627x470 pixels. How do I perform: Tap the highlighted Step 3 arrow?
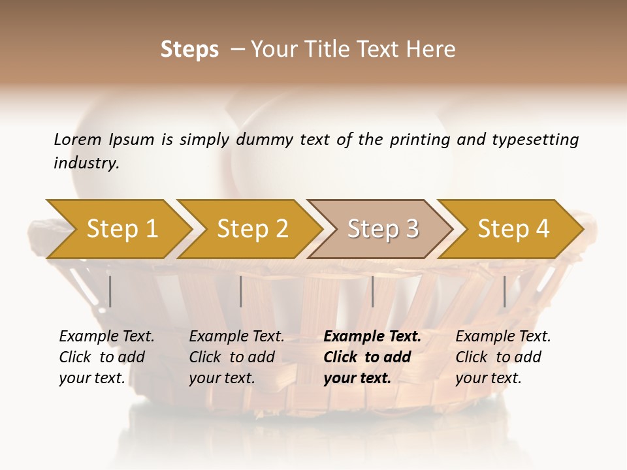tap(383, 229)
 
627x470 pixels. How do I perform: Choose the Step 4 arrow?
tap(513, 229)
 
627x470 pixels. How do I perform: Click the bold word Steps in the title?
tap(189, 50)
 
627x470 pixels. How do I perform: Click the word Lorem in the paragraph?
tap(77, 139)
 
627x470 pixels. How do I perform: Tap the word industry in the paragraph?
tap(86, 163)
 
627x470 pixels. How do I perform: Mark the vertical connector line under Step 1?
tap(110, 291)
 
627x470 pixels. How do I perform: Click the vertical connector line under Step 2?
tap(241, 291)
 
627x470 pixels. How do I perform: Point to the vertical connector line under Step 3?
tap(372, 291)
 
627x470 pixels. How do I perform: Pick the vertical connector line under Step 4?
tap(504, 291)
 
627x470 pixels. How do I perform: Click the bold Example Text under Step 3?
tap(372, 337)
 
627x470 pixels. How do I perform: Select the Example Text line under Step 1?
tap(106, 337)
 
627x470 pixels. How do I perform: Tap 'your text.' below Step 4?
tap(488, 378)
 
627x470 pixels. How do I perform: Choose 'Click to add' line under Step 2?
tap(232, 357)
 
